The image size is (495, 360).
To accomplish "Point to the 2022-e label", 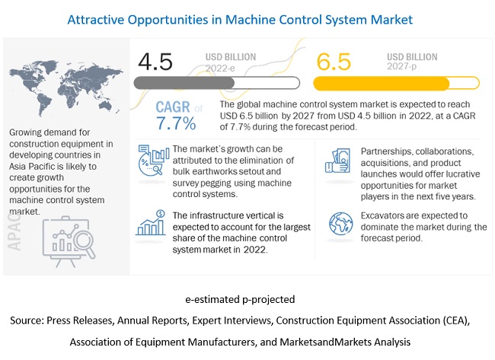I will tap(220, 67).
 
